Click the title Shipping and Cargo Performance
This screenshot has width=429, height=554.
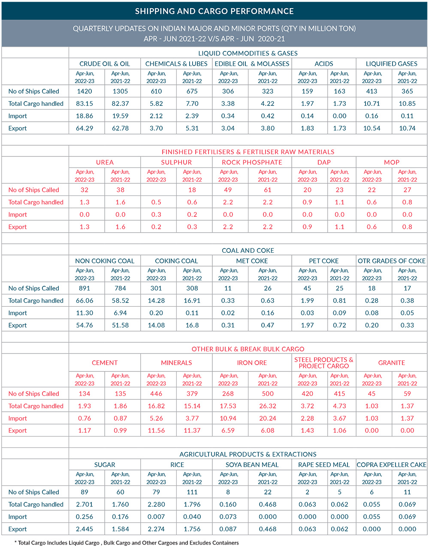tap(214, 11)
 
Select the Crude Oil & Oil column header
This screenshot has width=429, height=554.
tap(105, 64)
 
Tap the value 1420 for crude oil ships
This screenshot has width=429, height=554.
tap(85, 91)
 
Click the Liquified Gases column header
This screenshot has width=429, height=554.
tap(391, 64)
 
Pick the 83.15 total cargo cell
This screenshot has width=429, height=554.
tap(85, 104)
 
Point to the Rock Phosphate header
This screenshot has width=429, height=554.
tap(252, 162)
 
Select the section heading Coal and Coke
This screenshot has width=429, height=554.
tap(248, 250)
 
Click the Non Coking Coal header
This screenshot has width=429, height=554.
tap(105, 261)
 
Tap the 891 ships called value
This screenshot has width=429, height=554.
tap(85, 288)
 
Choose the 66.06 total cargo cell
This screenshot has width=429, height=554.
tap(85, 301)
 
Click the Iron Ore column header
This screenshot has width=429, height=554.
tap(252, 363)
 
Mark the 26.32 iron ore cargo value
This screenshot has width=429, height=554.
tap(268, 406)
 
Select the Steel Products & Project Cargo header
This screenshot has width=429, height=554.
tap(324, 362)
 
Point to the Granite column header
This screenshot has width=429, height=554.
tap(391, 363)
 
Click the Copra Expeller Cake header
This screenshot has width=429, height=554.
tap(391, 465)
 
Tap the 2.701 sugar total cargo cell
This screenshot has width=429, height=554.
tap(85, 505)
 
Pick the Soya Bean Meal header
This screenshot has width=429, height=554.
tap(252, 465)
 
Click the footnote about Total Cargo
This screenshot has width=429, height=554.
tap(127, 543)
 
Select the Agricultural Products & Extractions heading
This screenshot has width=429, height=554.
tap(248, 454)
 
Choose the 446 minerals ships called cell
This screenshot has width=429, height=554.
tap(156, 394)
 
